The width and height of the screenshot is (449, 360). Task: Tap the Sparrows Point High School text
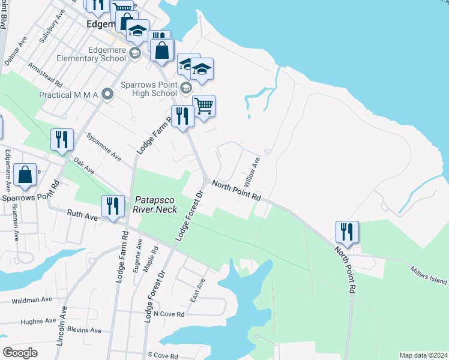click(148, 89)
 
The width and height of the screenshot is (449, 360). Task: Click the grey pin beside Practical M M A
click(108, 94)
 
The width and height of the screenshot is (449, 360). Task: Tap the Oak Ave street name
click(84, 166)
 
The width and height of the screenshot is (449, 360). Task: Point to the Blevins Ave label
click(85, 330)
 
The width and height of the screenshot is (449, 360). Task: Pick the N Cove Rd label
click(169, 314)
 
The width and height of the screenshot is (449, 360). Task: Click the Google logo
click(20, 353)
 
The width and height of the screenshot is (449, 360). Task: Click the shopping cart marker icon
click(203, 106)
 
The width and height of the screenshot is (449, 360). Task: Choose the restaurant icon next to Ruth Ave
click(113, 206)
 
